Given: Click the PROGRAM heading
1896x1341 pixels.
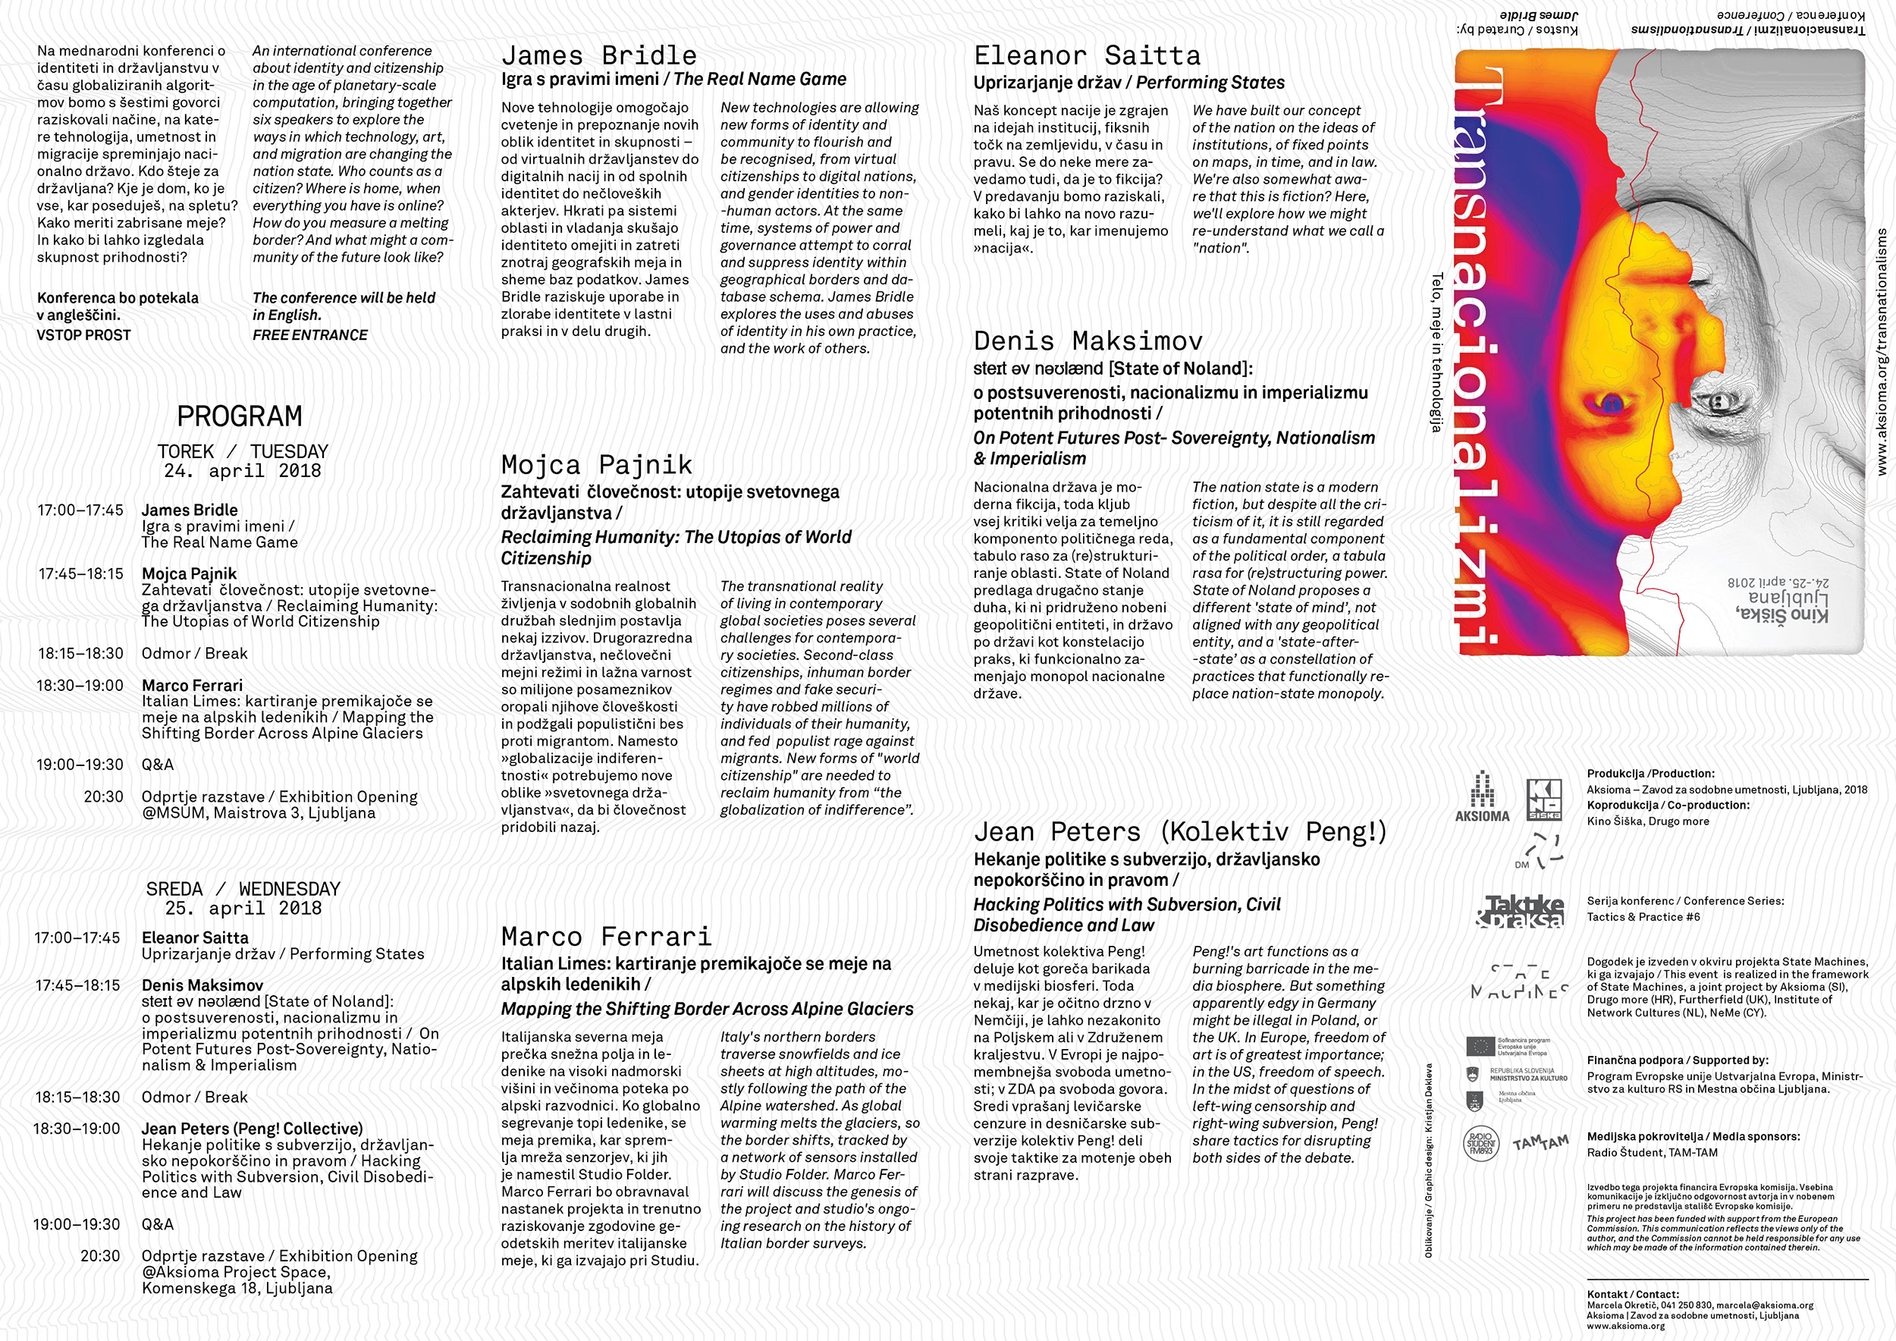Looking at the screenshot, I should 240,416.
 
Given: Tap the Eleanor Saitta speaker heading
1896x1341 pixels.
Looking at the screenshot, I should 1087,55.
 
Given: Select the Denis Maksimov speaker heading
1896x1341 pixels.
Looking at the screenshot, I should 1088,341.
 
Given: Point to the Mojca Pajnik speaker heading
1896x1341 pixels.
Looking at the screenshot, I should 596,464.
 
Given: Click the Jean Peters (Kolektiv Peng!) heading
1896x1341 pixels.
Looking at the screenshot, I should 1179,831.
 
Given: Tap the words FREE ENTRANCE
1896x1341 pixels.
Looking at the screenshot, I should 309,334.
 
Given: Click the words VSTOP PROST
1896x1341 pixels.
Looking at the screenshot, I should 83,334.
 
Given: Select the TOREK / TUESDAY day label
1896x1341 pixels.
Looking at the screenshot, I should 243,452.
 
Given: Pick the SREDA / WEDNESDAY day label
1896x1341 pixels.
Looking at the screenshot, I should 243,889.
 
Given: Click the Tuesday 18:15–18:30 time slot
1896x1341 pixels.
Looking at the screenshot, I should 80,653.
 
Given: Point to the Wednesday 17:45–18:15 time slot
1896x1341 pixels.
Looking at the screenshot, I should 77,985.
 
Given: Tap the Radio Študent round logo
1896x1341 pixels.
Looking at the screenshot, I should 1480,1144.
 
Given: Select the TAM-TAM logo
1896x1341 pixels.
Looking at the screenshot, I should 1540,1143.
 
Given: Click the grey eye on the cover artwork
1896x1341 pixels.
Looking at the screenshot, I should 1722,402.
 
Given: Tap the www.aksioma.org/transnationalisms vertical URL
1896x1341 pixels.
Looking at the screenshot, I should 1882,352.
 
